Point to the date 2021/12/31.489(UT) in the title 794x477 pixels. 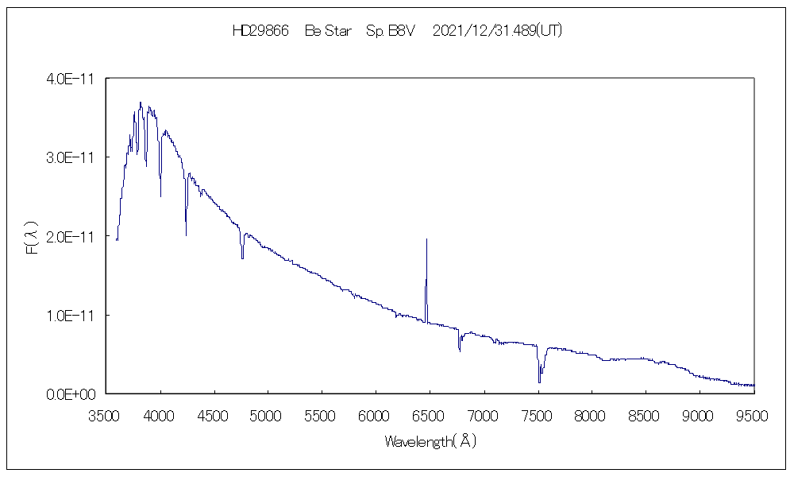click(x=499, y=31)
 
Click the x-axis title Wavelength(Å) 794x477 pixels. click(x=430, y=440)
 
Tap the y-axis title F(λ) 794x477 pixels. click(x=33, y=236)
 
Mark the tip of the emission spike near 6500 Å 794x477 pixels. click(x=426, y=238)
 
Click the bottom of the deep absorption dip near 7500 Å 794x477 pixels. click(x=540, y=382)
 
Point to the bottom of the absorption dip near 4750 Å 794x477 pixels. click(x=242, y=258)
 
